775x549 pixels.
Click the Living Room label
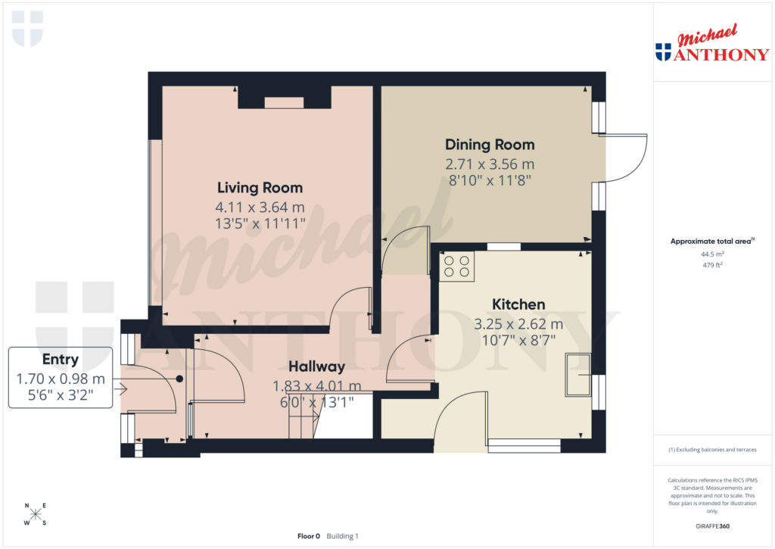pos(260,188)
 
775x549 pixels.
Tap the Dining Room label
pos(490,145)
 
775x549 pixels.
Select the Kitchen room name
pos(518,304)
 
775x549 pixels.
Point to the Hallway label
pos(317,367)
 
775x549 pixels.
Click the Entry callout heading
pos(61,359)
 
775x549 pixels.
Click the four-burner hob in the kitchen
pos(456,267)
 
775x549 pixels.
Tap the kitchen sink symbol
pos(578,375)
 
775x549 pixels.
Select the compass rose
pos(36,514)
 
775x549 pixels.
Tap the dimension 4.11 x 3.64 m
pos(260,207)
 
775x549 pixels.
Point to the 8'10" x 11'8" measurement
pos(490,182)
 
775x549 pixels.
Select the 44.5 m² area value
pos(712,255)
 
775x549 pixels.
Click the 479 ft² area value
pos(712,265)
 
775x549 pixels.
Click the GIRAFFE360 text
pos(712,526)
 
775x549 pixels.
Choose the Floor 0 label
pos(309,536)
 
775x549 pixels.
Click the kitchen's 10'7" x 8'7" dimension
pos(518,340)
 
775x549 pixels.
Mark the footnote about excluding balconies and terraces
pos(712,450)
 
